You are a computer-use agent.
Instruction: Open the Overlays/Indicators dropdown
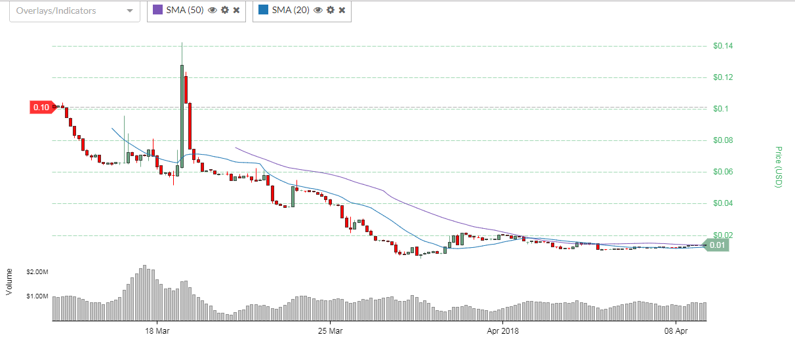(75, 11)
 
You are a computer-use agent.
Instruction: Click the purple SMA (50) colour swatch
(157, 10)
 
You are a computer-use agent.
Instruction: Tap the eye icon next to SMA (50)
(213, 10)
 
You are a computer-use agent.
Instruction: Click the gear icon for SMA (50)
(225, 10)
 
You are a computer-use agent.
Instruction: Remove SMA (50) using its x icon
(236, 10)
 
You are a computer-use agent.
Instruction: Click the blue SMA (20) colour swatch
(263, 10)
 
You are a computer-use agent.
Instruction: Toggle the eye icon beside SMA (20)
(318, 10)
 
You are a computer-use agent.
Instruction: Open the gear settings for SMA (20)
(331, 10)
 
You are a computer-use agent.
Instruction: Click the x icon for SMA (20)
(342, 10)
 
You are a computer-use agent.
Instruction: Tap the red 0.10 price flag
(41, 107)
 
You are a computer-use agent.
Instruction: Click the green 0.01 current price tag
(717, 245)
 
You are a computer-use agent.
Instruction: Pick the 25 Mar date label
(330, 331)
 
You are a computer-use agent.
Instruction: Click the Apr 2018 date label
(502, 331)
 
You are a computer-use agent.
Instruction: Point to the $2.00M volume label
(37, 271)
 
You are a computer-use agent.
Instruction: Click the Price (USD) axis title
(779, 167)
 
